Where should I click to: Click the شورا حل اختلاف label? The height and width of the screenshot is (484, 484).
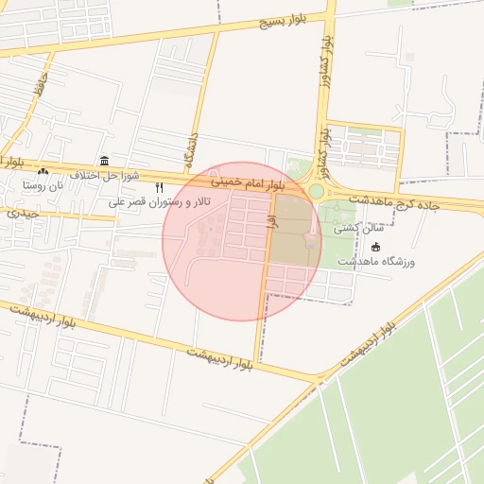pos(104,175)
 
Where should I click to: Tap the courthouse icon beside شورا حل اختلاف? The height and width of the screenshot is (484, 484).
pos(104,162)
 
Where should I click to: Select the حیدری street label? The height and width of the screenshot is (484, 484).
pos(23,214)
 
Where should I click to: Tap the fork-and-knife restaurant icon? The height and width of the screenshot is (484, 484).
pos(159,188)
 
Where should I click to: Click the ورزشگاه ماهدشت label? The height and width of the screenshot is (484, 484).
pos(376,260)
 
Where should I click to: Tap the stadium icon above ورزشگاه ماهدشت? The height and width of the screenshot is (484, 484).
pos(376,247)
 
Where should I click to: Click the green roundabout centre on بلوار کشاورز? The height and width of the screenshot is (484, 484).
pos(315,192)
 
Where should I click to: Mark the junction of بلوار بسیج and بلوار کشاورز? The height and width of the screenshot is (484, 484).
pos(331,13)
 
